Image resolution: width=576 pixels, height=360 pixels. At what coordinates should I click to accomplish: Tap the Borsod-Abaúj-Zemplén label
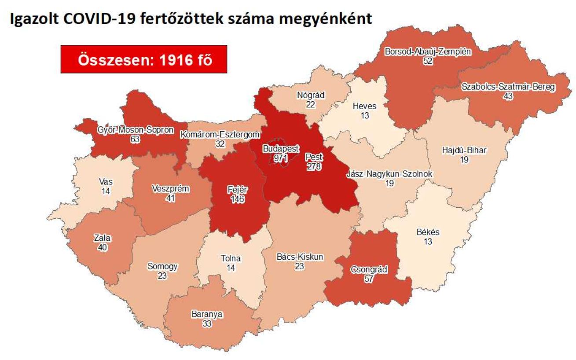tap(428, 52)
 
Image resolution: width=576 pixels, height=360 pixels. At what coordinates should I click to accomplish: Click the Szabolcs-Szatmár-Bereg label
tap(508, 87)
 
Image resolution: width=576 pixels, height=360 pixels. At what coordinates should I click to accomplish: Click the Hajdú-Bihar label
tap(464, 151)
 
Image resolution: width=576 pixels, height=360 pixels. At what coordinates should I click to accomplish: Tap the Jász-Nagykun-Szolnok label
tap(389, 174)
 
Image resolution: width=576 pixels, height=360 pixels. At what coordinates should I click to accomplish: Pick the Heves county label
tap(364, 106)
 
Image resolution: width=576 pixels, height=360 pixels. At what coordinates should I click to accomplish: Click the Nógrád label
tap(310, 95)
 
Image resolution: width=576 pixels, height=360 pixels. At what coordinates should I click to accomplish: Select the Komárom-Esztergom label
tap(220, 135)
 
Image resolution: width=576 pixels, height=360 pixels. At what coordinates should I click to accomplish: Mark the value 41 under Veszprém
tap(170, 198)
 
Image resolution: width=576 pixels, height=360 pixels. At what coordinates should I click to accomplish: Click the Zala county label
tap(102, 238)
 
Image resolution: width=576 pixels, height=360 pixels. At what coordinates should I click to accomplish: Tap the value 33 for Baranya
tap(207, 323)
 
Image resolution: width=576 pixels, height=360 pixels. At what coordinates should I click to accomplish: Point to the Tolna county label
tap(230, 258)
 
